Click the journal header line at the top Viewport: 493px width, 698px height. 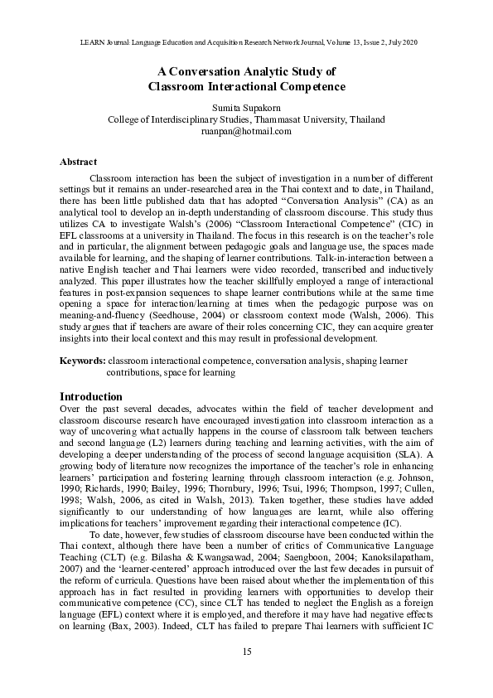coord(246,41)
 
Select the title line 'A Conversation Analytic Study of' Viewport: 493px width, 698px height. coord(246,71)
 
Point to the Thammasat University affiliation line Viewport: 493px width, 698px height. coord(246,119)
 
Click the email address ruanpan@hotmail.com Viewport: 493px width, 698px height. coord(246,131)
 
